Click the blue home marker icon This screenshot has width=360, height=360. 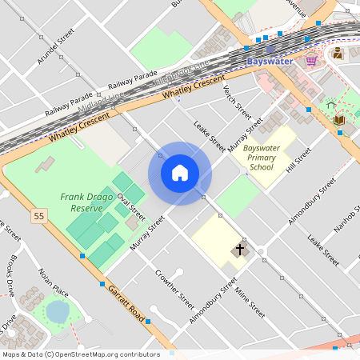point(180,173)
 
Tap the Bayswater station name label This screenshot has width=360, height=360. point(270,61)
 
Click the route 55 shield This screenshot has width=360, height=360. point(38,216)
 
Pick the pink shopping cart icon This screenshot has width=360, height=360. point(311,60)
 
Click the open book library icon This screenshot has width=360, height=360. point(338,121)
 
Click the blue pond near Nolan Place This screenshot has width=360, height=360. point(57,310)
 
